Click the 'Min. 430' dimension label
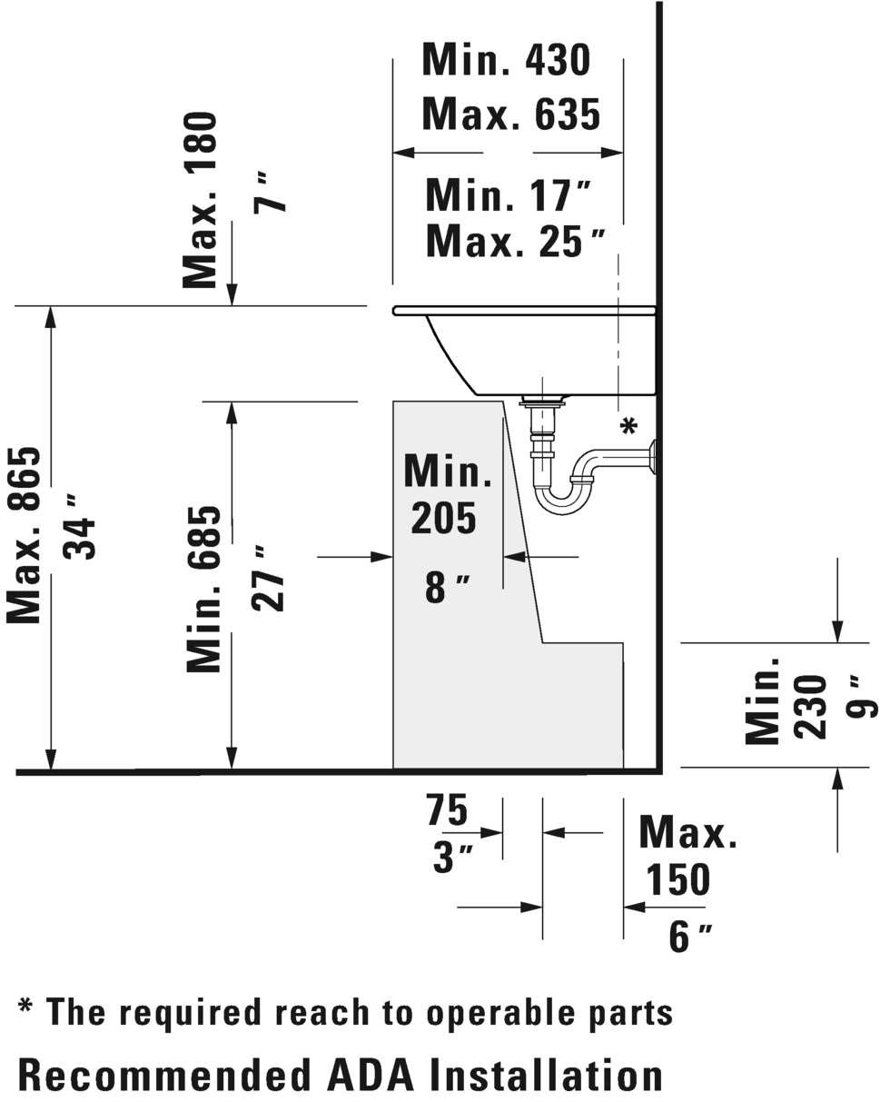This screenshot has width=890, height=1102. pos(506,59)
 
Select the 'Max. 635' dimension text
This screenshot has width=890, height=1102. pos(511,114)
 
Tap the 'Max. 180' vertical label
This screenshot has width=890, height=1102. pos(199,200)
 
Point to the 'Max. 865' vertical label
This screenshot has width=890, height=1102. pos(23,535)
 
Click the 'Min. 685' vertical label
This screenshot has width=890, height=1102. pos(203,590)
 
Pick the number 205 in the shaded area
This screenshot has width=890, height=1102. pos(443,519)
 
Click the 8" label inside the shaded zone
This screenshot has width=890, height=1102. pos(448,587)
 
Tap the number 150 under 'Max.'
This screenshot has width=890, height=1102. pos(678,879)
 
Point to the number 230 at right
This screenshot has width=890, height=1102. pos(810,706)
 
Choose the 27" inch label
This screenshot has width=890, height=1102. pos(268,578)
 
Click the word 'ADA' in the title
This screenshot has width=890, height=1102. pos(371,1075)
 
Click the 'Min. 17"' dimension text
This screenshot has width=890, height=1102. pos(508,195)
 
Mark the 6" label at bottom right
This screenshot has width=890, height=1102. pos(690,937)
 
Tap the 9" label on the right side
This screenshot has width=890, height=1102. pos(862,696)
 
